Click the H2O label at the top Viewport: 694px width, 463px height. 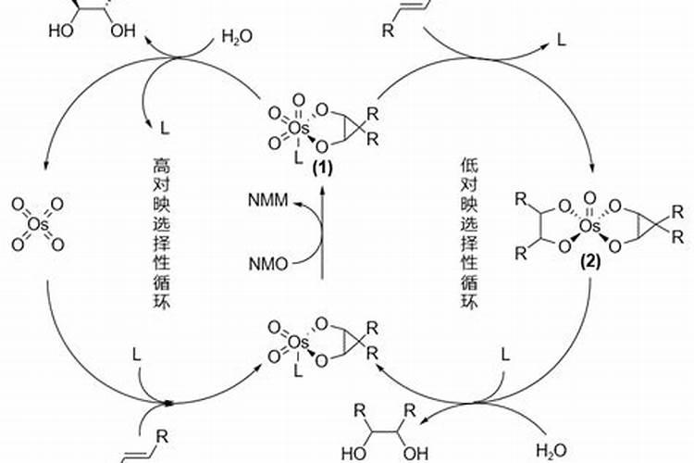[235, 38]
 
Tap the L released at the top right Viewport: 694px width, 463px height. [562, 42]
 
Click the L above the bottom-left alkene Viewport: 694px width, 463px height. [136, 355]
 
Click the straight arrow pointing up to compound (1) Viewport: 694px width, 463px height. [321, 231]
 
